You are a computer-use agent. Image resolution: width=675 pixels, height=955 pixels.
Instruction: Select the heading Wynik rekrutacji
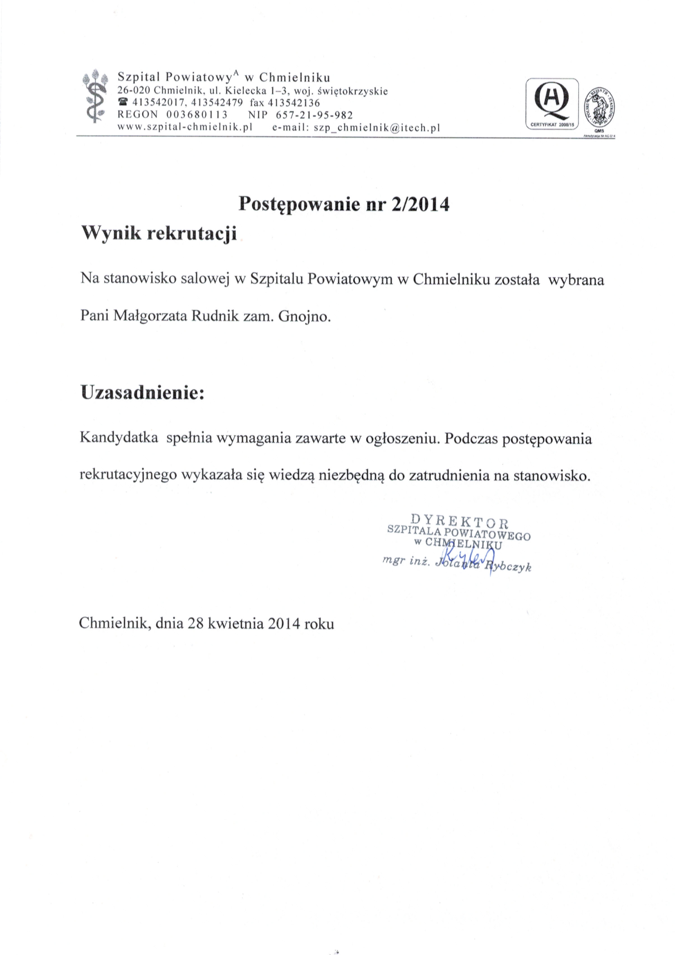159,234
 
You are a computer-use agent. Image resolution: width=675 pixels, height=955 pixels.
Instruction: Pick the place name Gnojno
305,317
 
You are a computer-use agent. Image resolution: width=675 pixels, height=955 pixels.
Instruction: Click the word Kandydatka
119,439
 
